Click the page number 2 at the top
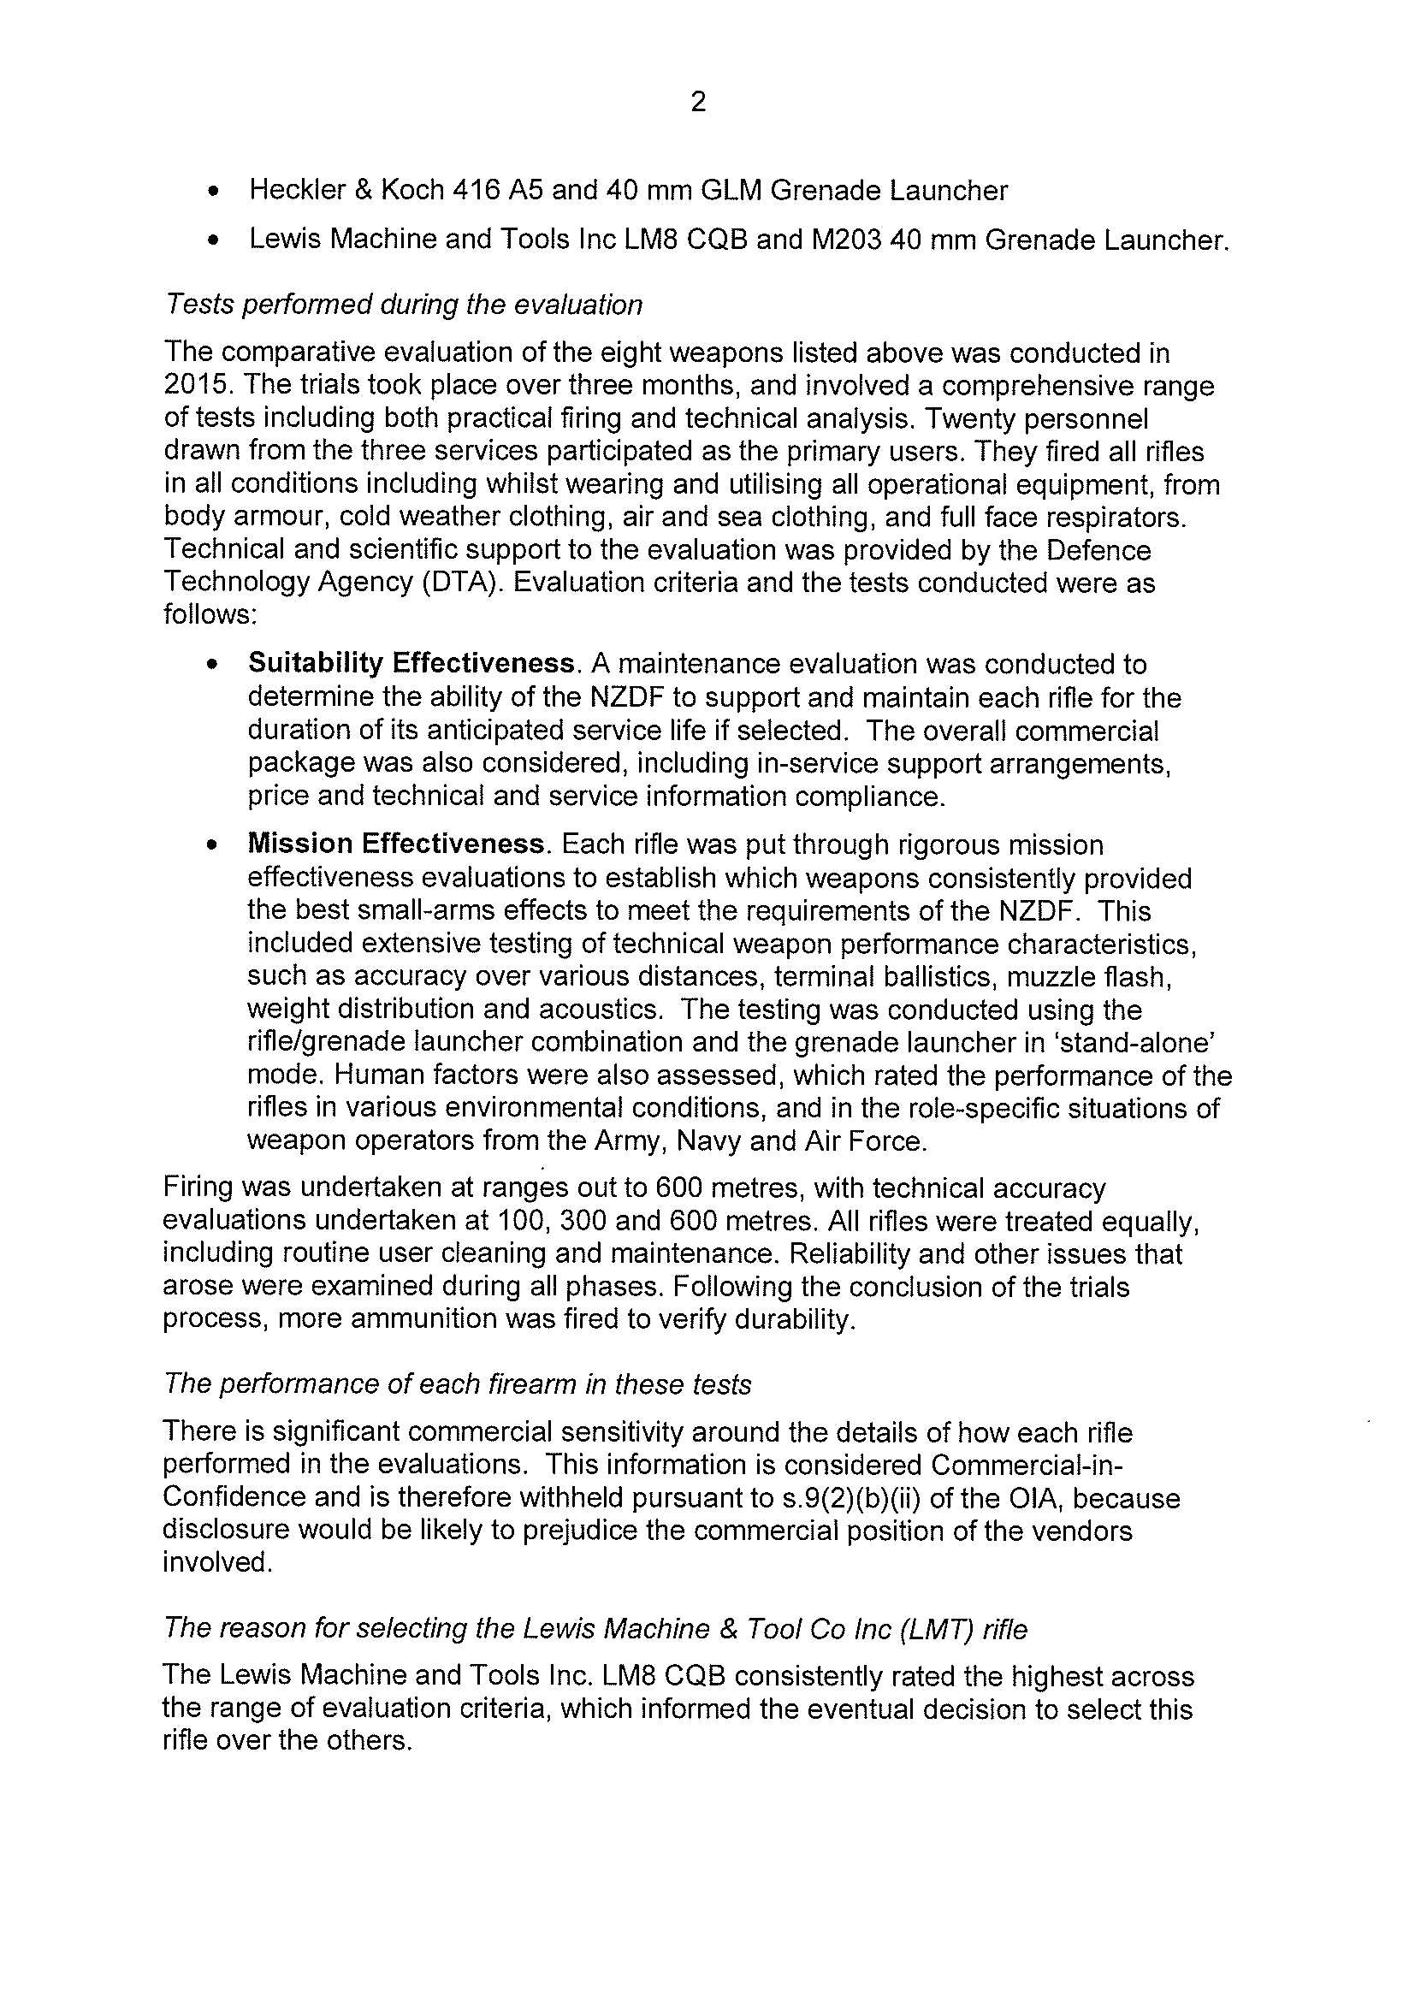[698, 103]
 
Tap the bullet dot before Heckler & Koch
[213, 192]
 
